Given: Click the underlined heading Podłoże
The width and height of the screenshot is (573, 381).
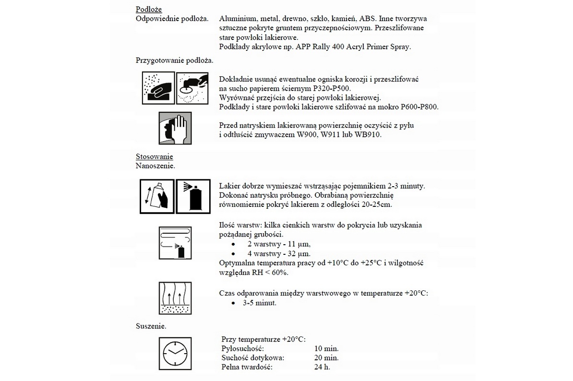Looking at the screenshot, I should coord(149,9).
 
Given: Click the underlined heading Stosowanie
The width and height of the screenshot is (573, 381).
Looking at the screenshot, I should coord(155,156).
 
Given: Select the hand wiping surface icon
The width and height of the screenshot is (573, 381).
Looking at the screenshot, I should coord(175,128).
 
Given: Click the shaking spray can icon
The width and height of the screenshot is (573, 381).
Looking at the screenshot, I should coord(156,196).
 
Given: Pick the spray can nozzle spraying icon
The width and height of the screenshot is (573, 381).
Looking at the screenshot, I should coord(193,196).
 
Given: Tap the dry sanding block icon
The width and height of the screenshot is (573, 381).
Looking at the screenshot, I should coord(158,87).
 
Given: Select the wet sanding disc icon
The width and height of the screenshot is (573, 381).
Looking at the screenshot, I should coord(192,87).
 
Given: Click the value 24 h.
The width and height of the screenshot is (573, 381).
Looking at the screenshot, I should coord(322,367).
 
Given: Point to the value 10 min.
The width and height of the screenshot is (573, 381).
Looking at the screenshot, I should coord(326,348).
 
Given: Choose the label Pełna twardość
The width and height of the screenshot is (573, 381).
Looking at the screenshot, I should coord(247,367).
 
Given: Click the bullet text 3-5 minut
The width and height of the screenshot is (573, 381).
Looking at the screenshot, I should coord(260,303).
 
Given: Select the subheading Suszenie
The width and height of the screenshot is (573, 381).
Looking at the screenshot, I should coord(151,326).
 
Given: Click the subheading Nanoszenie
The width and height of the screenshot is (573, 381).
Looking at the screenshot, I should coord(155,166).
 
